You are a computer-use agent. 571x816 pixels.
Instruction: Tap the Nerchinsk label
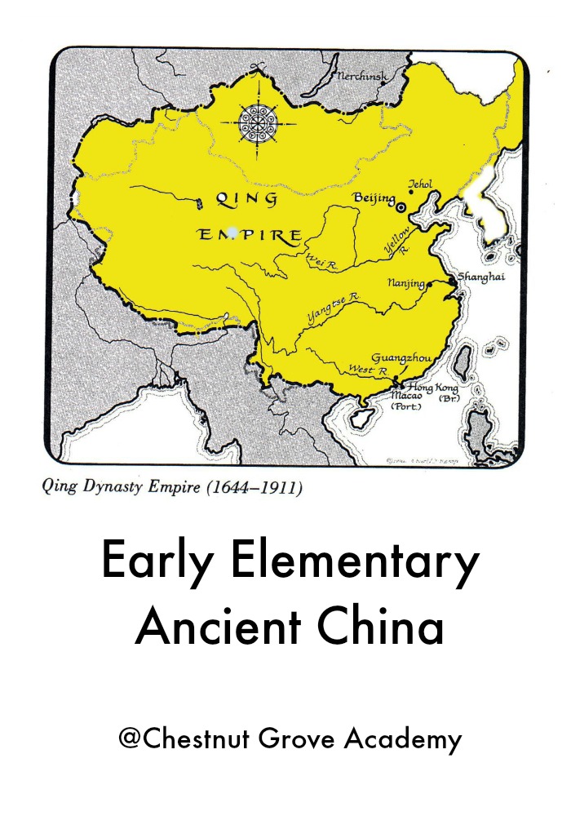(364, 78)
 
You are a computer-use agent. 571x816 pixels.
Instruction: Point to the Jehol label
(421, 184)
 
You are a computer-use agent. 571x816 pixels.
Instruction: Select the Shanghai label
(480, 277)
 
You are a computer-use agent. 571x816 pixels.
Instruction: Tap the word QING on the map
(246, 198)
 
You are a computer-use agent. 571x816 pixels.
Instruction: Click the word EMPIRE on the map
(250, 236)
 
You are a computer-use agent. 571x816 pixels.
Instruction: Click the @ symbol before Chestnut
(128, 740)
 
